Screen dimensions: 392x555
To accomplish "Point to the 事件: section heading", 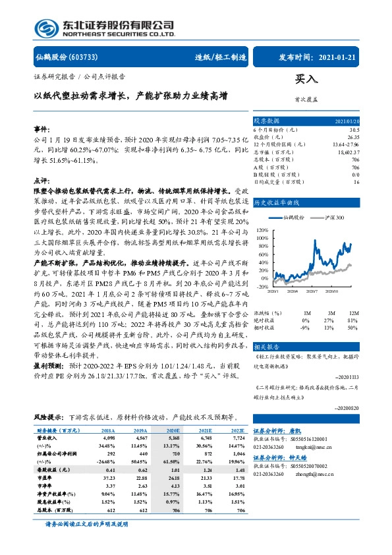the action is (42, 130).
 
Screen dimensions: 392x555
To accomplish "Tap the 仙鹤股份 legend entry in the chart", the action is (292, 216).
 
